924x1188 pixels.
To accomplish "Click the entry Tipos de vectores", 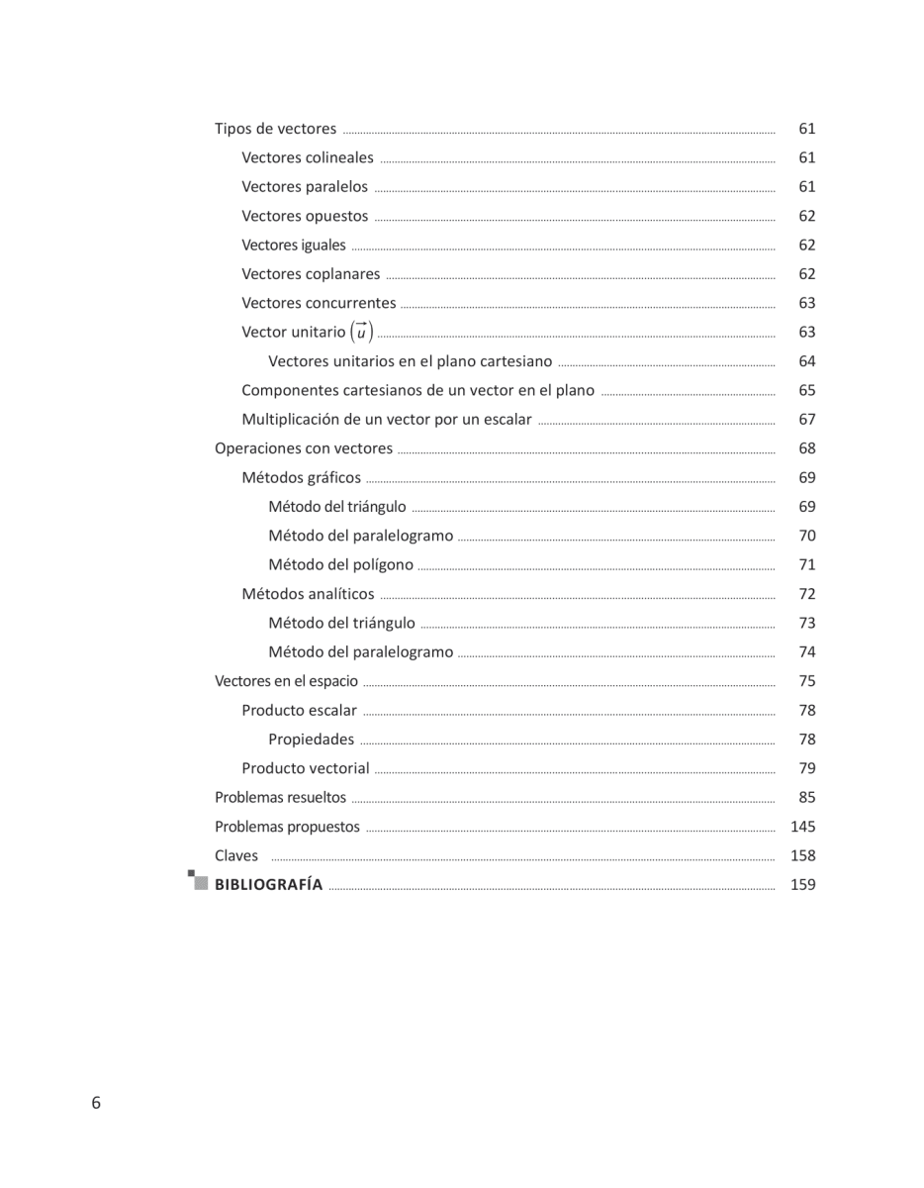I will coord(275,129).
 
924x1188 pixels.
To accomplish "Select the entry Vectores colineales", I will coord(308,157).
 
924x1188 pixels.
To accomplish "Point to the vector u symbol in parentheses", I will coord(361,333).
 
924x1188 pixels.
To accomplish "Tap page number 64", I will coord(807,361).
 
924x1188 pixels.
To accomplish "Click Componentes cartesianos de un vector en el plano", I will coord(417,390).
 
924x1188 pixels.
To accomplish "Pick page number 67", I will coord(807,420).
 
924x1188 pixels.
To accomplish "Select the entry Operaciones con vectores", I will coord(304,448).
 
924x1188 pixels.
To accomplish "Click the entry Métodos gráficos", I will coord(302,477).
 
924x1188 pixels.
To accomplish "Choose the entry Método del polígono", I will coord(341,564).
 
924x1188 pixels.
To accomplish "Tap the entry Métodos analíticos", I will coord(308,594).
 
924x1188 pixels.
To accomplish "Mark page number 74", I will coord(807,652).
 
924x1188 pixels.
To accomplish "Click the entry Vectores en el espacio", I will coord(286,681).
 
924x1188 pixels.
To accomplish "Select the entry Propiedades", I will coord(311,740).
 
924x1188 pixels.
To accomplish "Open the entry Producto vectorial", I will coord(306,768).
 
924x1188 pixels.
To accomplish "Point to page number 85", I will coord(807,798).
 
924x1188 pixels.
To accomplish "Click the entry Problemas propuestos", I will coord(287,827).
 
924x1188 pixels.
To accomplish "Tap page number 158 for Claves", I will coord(803,855).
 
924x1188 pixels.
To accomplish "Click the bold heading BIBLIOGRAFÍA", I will coord(269,885).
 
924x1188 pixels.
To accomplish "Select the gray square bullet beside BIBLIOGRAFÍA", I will coord(200,882).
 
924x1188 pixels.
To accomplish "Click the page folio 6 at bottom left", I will coord(96,1103).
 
